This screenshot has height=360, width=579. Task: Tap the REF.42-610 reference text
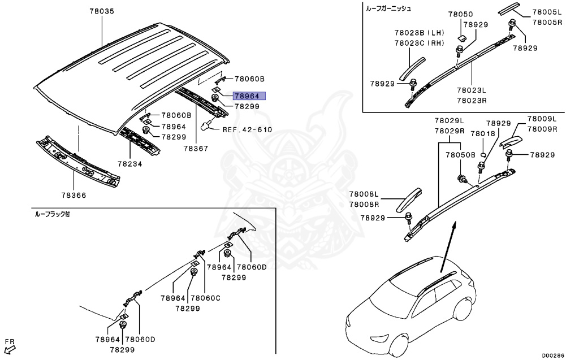coord(247,129)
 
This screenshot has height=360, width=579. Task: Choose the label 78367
coord(195,149)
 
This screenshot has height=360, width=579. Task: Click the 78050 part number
coord(461,14)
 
